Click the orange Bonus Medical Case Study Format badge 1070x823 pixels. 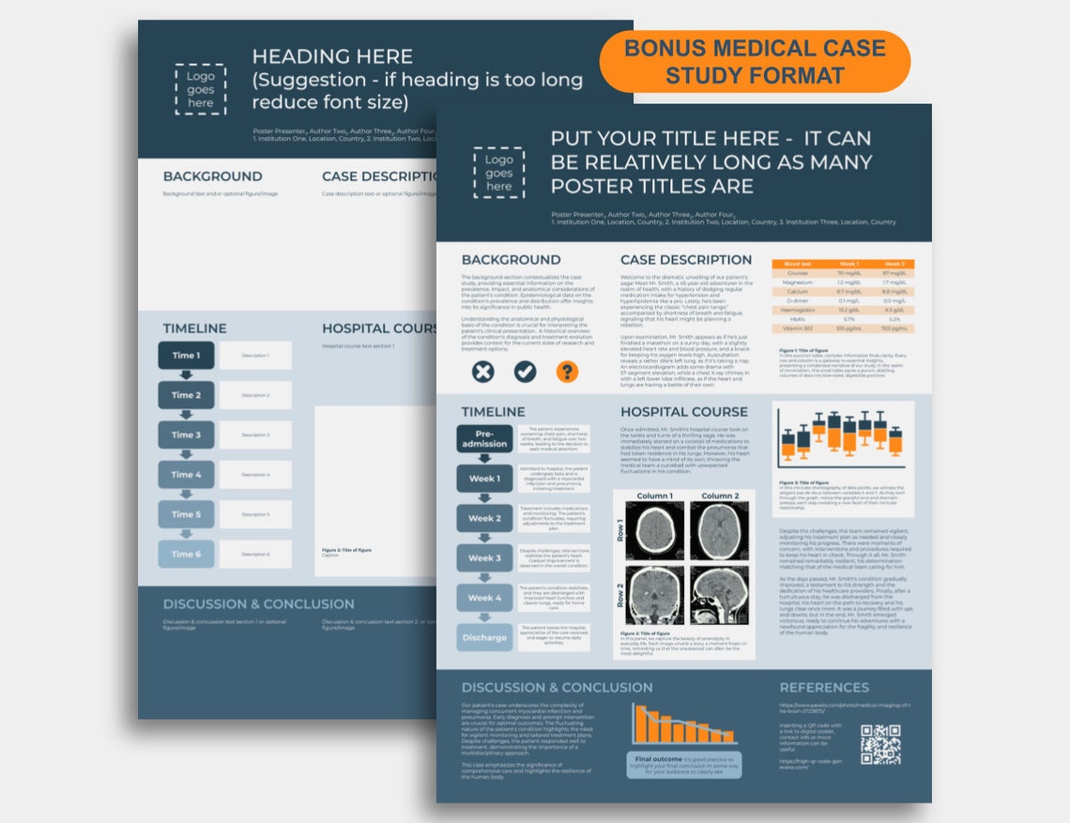[755, 61]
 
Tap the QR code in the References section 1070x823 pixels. [879, 744]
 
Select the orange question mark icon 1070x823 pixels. [567, 372]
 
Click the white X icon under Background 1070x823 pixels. [481, 372]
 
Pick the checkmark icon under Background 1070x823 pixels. [525, 372]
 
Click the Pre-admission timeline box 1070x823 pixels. [484, 438]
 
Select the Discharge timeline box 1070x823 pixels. [484, 637]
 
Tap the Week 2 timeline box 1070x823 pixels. [484, 518]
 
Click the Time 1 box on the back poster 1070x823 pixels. [186, 356]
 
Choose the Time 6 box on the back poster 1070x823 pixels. [186, 554]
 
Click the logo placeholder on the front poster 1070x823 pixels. [498, 173]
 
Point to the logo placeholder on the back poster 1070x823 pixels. [200, 90]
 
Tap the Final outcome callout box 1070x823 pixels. [683, 764]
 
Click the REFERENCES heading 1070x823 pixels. [824, 687]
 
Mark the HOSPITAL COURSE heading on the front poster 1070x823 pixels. [683, 411]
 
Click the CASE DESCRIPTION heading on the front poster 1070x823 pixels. [685, 259]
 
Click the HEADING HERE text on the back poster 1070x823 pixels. [331, 56]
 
